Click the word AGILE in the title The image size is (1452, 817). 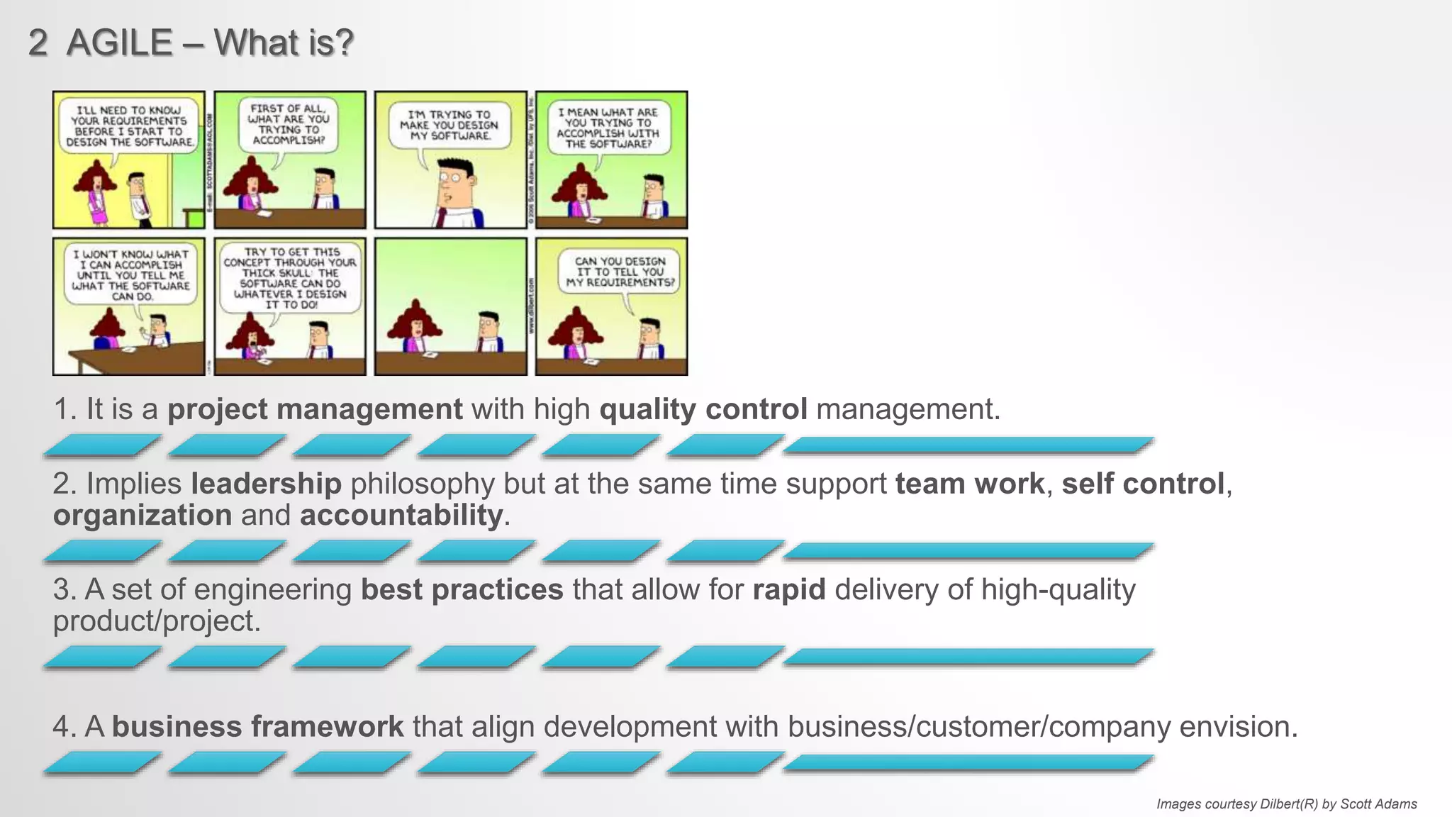click(x=119, y=43)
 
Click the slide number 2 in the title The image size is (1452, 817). click(x=38, y=43)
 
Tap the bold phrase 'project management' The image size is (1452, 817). click(x=315, y=409)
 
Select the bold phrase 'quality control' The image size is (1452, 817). click(x=703, y=409)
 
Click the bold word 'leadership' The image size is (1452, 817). click(x=267, y=484)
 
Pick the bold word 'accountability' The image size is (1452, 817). click(x=401, y=516)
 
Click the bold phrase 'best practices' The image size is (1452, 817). click(x=462, y=589)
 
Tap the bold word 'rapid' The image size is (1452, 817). click(x=789, y=589)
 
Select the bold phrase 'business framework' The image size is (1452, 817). click(x=257, y=727)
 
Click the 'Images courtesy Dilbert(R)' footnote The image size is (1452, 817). click(x=1286, y=804)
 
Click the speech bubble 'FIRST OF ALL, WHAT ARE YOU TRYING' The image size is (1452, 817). click(x=289, y=124)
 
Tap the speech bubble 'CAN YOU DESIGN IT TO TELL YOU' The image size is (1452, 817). click(x=620, y=272)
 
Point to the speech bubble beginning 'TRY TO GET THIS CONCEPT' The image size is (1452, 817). click(x=290, y=278)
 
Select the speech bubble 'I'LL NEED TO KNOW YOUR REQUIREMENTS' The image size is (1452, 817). click(x=129, y=126)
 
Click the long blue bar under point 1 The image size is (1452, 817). click(x=968, y=445)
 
